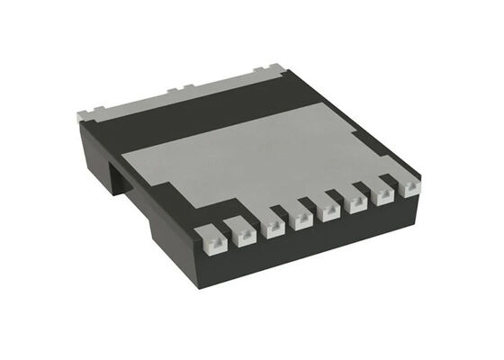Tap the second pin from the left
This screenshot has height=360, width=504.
click(242, 233)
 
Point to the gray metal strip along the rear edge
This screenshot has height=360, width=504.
click(180, 103)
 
